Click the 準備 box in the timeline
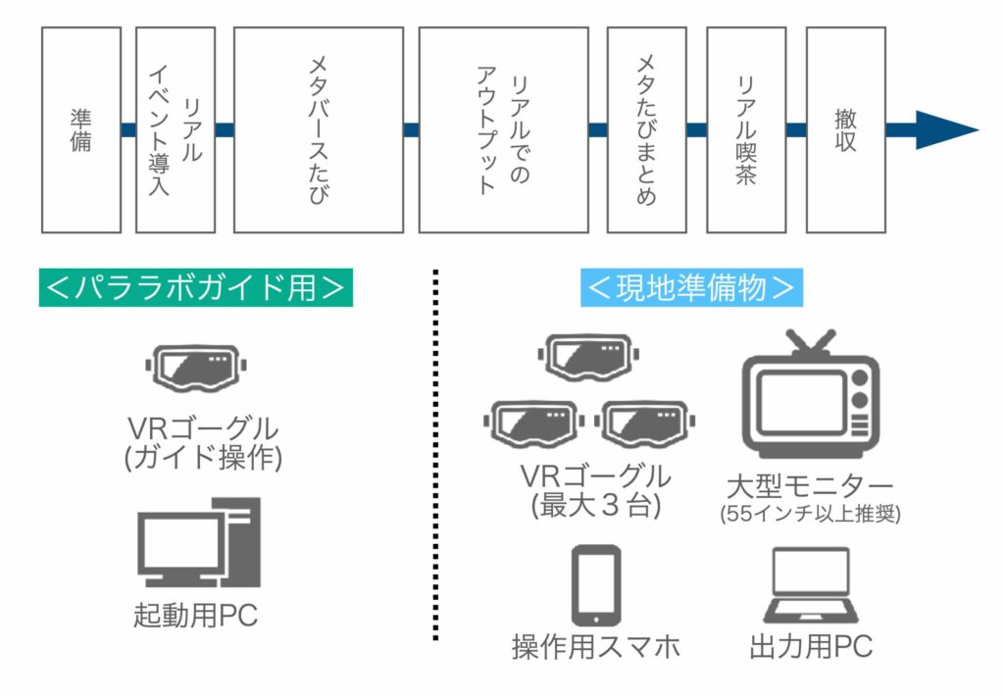click(x=80, y=129)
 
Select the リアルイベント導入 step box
click(x=175, y=129)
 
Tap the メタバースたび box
click(x=318, y=129)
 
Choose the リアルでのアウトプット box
click(x=503, y=129)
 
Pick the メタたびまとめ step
click(x=646, y=129)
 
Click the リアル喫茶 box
click(x=745, y=129)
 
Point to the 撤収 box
click(x=845, y=129)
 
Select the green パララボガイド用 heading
click(x=195, y=287)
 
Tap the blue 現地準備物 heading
click(x=691, y=287)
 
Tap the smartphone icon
click(x=595, y=585)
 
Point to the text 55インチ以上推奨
click(x=809, y=513)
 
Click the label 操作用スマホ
click(x=595, y=647)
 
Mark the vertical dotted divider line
click(x=435, y=456)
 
